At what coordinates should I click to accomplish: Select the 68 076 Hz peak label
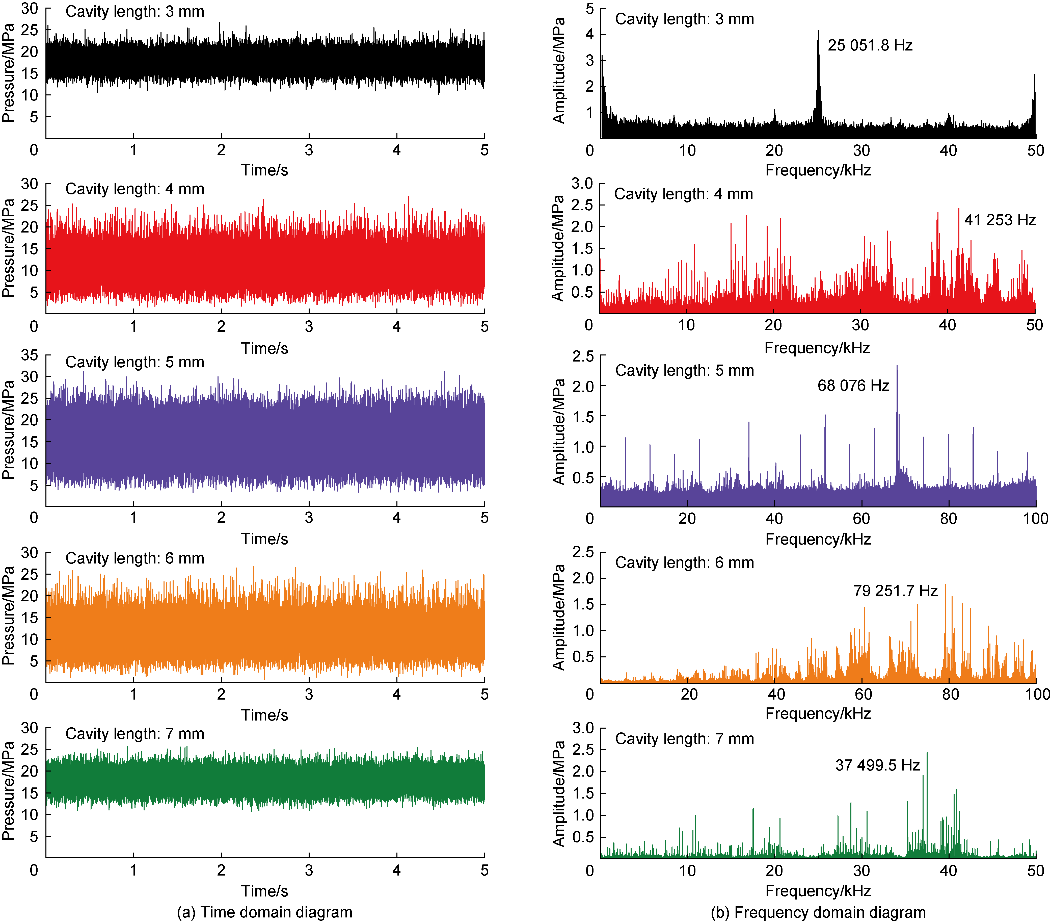853,385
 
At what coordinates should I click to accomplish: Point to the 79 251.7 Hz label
895,591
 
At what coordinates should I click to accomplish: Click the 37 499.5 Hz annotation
877,765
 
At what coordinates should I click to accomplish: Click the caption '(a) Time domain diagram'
264,912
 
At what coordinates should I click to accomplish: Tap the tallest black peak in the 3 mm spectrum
819,32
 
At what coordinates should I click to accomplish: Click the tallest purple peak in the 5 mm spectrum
897,367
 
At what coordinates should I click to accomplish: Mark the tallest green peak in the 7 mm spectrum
927,754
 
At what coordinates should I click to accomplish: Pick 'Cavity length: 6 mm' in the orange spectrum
684,562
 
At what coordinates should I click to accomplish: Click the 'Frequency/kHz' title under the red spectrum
817,348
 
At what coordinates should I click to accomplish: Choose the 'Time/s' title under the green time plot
264,891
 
